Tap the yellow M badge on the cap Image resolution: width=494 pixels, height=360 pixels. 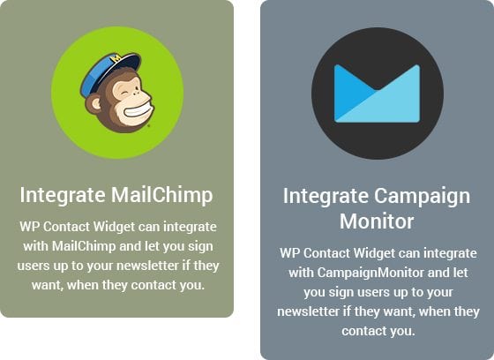[116, 58]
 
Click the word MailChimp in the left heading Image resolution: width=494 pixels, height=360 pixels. [162, 196]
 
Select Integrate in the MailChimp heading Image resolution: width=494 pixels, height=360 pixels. [63, 196]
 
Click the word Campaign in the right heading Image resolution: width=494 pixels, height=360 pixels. [423, 197]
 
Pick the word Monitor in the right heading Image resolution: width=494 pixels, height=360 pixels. [377, 221]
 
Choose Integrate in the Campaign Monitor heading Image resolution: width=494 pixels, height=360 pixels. [326, 197]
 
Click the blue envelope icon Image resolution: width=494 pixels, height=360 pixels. [378, 94]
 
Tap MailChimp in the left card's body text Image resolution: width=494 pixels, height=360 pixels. [84, 246]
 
